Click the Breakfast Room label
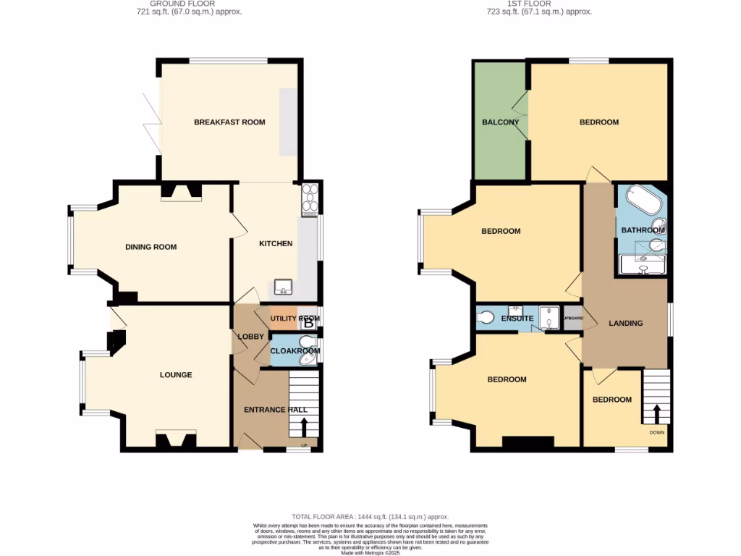click(229, 122)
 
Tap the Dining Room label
click(151, 247)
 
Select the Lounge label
click(176, 375)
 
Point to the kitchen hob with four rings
click(310, 198)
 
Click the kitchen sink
click(283, 286)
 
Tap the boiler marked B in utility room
click(309, 323)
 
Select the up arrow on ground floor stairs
click(303, 426)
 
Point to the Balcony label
click(501, 122)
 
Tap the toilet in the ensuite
click(485, 317)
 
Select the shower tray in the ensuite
click(551, 318)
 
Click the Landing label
click(625, 323)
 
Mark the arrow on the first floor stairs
click(657, 414)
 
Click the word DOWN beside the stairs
click(657, 433)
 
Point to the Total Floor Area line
click(370, 517)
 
